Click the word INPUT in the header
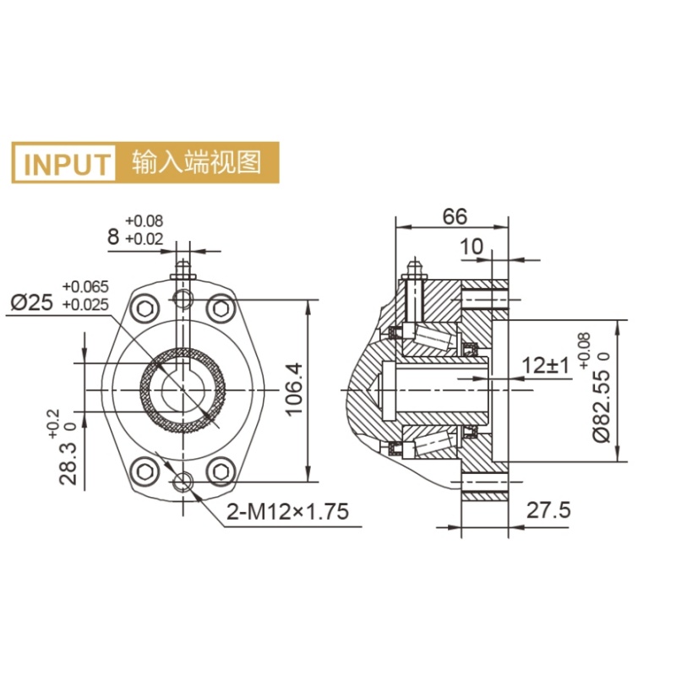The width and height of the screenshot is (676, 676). click(x=67, y=164)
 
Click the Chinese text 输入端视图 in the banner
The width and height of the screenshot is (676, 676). click(x=197, y=162)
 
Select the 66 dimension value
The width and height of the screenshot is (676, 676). click(x=455, y=216)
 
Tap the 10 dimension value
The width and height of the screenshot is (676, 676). click(x=472, y=247)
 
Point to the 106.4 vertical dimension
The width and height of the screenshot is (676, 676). click(x=294, y=390)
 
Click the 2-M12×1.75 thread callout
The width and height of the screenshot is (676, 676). click(x=287, y=512)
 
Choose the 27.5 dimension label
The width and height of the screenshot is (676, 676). click(x=548, y=510)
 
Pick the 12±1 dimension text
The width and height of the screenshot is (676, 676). click(x=545, y=366)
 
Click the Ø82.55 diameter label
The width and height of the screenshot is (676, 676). click(x=602, y=405)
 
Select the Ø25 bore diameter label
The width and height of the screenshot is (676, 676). click(x=32, y=303)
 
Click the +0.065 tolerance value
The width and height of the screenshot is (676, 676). click(x=86, y=286)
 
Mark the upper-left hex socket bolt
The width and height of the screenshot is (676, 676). click(x=145, y=308)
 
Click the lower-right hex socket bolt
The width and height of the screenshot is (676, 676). click(x=221, y=472)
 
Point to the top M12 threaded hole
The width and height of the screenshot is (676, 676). click(x=183, y=299)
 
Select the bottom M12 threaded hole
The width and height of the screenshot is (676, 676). click(x=183, y=482)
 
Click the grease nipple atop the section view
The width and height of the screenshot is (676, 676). click(x=415, y=268)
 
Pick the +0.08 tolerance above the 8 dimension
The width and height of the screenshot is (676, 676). click(x=144, y=221)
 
